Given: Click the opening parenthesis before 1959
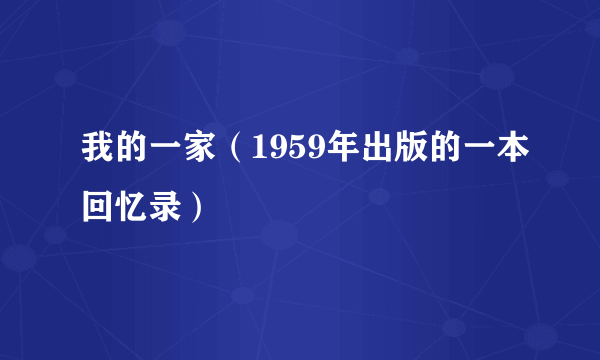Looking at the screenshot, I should click(227, 152).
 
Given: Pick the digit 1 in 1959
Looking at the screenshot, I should click(248, 152).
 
